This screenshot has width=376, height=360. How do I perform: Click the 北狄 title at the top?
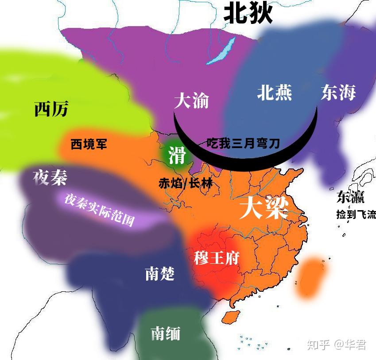tap(247, 13)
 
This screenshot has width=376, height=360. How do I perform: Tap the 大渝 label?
tap(191, 101)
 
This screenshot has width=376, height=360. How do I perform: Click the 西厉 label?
tap(51, 108)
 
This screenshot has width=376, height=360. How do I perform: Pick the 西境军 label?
tap(89, 144)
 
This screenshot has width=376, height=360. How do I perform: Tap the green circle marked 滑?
tap(176, 155)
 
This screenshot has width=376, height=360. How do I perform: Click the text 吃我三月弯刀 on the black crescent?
tap(243, 144)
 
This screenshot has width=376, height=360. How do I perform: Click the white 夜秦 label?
tap(50, 178)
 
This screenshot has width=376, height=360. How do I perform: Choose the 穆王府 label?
tap(217, 258)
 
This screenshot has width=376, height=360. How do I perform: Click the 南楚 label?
tap(159, 274)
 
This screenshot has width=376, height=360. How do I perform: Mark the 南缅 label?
tap(165, 333)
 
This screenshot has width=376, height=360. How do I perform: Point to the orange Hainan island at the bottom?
tap(229, 317)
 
